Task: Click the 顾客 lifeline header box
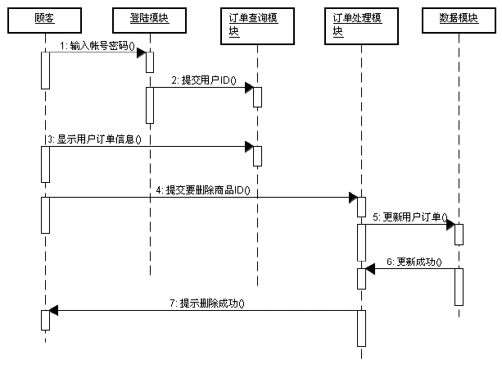pos(45,18)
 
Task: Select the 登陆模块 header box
pos(149,18)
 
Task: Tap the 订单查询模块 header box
pos(256,24)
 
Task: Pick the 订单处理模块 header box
pos(360,24)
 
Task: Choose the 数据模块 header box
pos(459,18)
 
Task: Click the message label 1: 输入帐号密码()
pos(97,46)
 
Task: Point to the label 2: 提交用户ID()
pos(204,80)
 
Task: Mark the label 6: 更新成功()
pos(414,262)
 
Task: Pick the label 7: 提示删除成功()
pos(207,303)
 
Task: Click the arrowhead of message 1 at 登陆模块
pos(141,53)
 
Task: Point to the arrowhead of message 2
pos(247,88)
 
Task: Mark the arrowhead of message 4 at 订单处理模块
pos(351,197)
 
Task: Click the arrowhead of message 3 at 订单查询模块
pos(247,147)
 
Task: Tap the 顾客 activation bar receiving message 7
pos(45,319)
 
